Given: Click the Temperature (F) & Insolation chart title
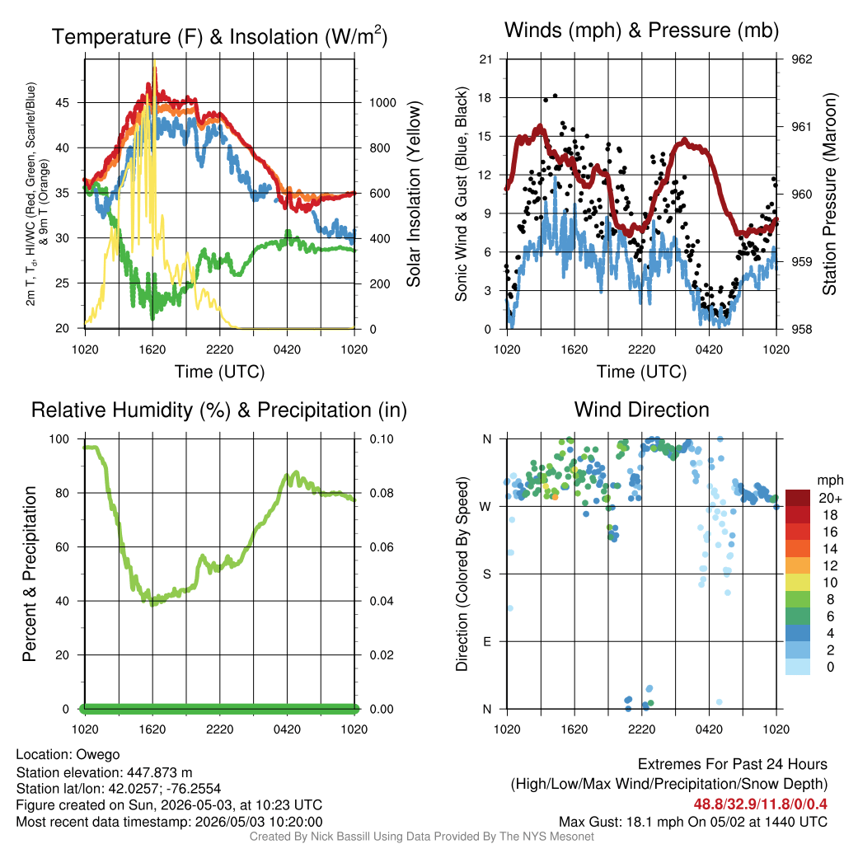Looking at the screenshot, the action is click(x=219, y=36).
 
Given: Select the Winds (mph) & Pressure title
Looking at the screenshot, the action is click(x=641, y=30).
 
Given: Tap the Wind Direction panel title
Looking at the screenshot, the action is click(x=641, y=410).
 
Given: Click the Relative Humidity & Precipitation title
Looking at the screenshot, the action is click(x=219, y=410).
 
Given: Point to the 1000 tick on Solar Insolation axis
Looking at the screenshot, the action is click(x=382, y=103).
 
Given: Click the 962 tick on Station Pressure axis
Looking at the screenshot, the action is click(x=801, y=59).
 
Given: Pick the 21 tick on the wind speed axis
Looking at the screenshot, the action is click(x=486, y=59).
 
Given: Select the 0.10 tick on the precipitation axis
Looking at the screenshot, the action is click(x=382, y=439).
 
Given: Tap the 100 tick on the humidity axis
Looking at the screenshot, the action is click(x=59, y=439).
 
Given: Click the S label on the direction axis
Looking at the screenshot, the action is click(x=486, y=574).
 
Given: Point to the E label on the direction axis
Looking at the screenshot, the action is click(x=486, y=641).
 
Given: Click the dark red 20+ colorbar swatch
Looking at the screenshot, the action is click(x=798, y=498).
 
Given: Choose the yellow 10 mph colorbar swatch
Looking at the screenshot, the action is click(x=798, y=583).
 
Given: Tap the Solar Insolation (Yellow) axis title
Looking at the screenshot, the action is click(x=414, y=194).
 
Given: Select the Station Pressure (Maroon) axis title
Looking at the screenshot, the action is click(x=829, y=194).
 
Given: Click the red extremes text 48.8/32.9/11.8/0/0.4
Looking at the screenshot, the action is click(x=760, y=804).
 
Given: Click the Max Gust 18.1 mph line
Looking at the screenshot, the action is click(x=692, y=822).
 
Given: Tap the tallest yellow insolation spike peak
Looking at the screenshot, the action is click(x=155, y=61).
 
